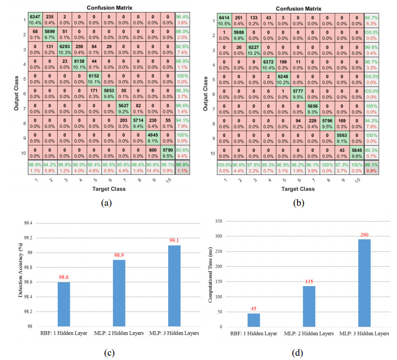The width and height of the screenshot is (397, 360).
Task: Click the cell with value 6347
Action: coord(35,20)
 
